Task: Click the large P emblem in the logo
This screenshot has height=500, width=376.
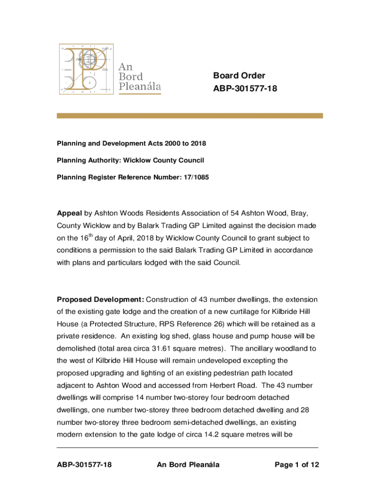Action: [86, 68]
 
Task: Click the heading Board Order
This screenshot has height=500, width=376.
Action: [239, 76]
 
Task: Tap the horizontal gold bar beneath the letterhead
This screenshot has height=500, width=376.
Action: [190, 116]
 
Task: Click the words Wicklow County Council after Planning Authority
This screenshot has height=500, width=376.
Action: [163, 160]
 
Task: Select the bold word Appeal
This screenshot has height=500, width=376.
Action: [70, 213]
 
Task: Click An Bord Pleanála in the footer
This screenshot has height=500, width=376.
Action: [188, 465]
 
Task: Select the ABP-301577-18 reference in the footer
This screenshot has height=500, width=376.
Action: [84, 465]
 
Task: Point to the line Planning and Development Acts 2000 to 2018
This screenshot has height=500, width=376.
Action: [131, 143]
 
